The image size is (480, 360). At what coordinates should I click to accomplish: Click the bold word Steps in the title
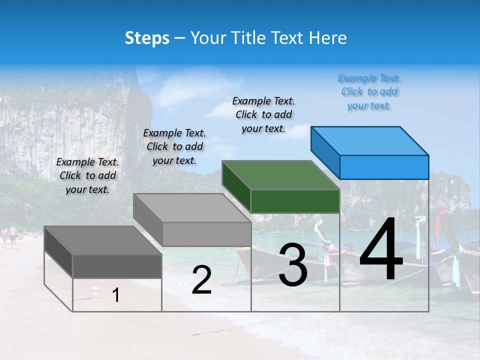click(x=147, y=38)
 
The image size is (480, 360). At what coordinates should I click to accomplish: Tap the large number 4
click(x=381, y=250)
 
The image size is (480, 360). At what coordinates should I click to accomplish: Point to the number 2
click(x=201, y=280)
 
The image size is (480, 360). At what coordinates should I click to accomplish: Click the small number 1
click(x=116, y=295)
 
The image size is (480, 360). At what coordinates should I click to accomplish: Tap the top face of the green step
click(x=280, y=175)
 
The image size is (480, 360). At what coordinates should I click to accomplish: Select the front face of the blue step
click(x=384, y=167)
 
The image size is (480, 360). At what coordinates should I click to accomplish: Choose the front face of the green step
click(x=295, y=201)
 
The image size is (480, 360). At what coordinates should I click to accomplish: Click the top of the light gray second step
click(x=191, y=208)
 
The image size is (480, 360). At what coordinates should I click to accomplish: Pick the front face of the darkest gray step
click(x=117, y=266)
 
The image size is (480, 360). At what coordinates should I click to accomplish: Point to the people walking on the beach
click(x=9, y=235)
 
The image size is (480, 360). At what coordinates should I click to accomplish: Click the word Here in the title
click(x=328, y=38)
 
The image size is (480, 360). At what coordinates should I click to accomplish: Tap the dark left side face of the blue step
click(x=325, y=152)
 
